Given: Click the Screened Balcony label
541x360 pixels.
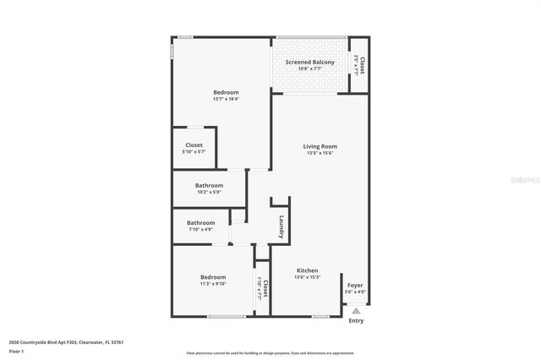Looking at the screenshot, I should pyautogui.click(x=309, y=63).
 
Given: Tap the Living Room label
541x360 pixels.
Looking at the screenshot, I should pyautogui.click(x=320, y=146).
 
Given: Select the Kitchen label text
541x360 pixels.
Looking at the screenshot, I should pyautogui.click(x=307, y=270).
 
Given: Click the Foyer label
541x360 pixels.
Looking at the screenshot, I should pyautogui.click(x=356, y=285).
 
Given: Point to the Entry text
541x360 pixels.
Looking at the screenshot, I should pyautogui.click(x=356, y=320).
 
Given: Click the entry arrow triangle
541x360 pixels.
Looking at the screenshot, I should pyautogui.click(x=356, y=310).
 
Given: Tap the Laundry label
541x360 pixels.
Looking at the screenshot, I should pyautogui.click(x=281, y=227).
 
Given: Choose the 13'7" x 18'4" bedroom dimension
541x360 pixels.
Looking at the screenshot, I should pyautogui.click(x=226, y=99).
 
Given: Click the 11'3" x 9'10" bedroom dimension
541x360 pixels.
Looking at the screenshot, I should pyautogui.click(x=213, y=283).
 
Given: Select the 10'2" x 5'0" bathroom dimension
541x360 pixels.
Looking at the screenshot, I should pyautogui.click(x=209, y=192).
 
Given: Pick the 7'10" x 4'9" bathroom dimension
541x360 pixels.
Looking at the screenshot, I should pyautogui.click(x=200, y=229).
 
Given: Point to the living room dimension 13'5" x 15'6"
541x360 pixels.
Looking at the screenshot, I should pyautogui.click(x=320, y=153).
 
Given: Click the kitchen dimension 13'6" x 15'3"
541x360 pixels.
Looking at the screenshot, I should pyautogui.click(x=307, y=277).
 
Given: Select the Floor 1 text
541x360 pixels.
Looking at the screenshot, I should pyautogui.click(x=16, y=350).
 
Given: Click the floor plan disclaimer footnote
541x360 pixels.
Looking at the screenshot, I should pyautogui.click(x=270, y=353).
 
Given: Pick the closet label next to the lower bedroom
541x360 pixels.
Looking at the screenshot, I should pyautogui.click(x=265, y=288).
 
